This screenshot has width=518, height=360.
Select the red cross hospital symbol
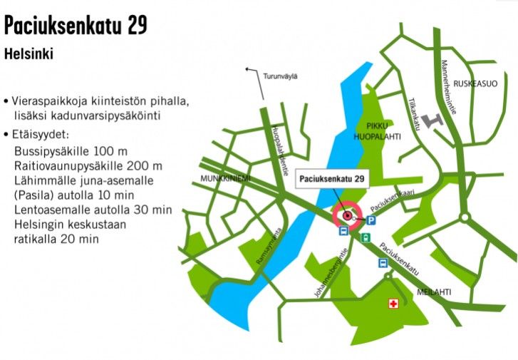pyautogui.click(x=392, y=304)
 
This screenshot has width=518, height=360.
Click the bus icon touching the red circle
pyautogui.click(x=343, y=231)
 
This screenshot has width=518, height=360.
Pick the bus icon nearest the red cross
pyautogui.click(x=383, y=263)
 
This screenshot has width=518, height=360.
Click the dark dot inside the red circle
pyautogui.click(x=348, y=216)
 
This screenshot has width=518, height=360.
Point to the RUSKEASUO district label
pyautogui.click(x=475, y=83)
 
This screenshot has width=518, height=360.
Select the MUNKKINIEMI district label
pyautogui.click(x=226, y=178)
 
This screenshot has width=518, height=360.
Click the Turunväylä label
pyautogui.click(x=280, y=76)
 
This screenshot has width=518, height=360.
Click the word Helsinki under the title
pyautogui.click(x=29, y=53)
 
